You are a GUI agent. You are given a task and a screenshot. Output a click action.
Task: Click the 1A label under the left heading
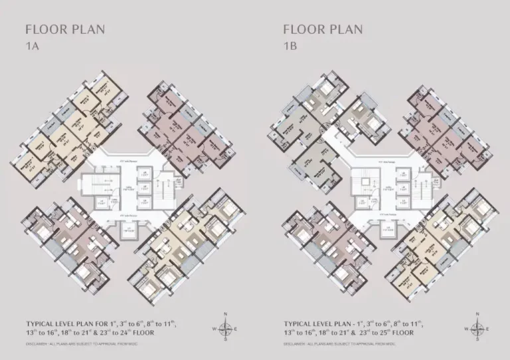click(31, 46)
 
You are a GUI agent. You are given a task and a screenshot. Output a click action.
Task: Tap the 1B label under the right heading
click(290, 46)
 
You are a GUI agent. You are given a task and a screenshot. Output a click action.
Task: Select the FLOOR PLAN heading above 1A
click(64, 29)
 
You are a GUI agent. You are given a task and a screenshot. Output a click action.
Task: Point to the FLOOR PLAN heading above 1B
click(323, 29)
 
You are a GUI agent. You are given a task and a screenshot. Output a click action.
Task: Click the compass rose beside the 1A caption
click(226, 327)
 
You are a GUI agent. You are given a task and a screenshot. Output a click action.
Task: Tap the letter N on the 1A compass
click(226, 314)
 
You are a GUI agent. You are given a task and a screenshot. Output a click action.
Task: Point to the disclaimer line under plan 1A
click(82, 344)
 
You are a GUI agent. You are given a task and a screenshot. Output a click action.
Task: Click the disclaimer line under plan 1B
click(339, 344)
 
